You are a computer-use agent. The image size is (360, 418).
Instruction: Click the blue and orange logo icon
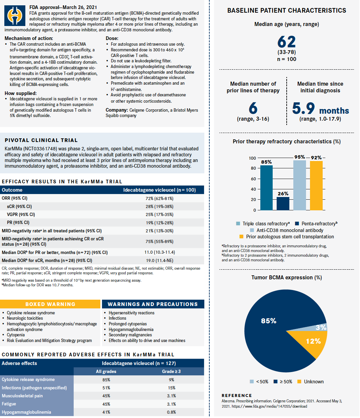[x=15, y=16]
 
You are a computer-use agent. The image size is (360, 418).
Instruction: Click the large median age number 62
[x=286, y=42]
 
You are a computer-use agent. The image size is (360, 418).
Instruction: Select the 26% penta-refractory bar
[x=283, y=203]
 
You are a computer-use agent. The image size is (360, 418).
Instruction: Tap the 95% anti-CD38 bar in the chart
[x=299, y=185]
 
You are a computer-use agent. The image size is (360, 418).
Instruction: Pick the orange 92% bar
[x=316, y=185]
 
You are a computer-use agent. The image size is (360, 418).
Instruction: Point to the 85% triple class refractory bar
[x=266, y=188]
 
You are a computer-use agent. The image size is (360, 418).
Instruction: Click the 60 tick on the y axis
[x=253, y=179]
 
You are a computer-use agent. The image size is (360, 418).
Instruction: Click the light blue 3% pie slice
[x=321, y=327]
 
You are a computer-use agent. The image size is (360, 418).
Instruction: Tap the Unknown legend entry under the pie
[x=310, y=382]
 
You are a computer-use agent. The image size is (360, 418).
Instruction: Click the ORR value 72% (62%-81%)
[x=159, y=198]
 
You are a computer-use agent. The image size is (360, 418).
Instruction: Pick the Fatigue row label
[x=9, y=404]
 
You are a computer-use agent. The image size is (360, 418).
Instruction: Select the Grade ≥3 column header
[x=171, y=371]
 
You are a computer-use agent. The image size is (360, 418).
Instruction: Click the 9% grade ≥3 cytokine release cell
[x=171, y=380]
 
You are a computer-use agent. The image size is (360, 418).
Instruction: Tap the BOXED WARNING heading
[x=50, y=304]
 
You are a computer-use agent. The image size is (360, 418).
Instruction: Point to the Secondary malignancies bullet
[x=130, y=335]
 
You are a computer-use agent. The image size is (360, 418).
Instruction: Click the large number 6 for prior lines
[x=253, y=108]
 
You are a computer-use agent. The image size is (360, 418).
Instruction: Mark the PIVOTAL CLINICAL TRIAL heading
[x=41, y=140]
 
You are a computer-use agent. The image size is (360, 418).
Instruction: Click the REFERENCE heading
[x=237, y=395]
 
